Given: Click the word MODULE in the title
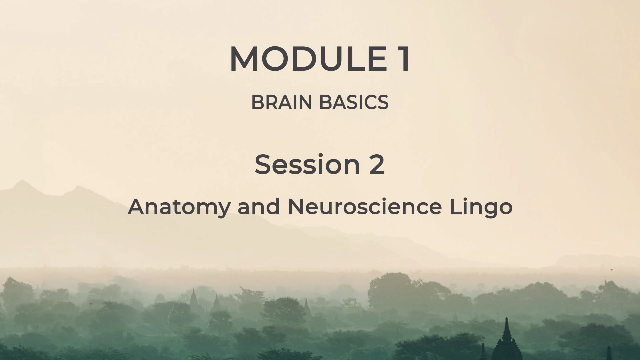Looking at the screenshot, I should pos(308,59).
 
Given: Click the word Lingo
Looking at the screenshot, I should pos(481,207).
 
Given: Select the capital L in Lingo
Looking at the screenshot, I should pos(455,206).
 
